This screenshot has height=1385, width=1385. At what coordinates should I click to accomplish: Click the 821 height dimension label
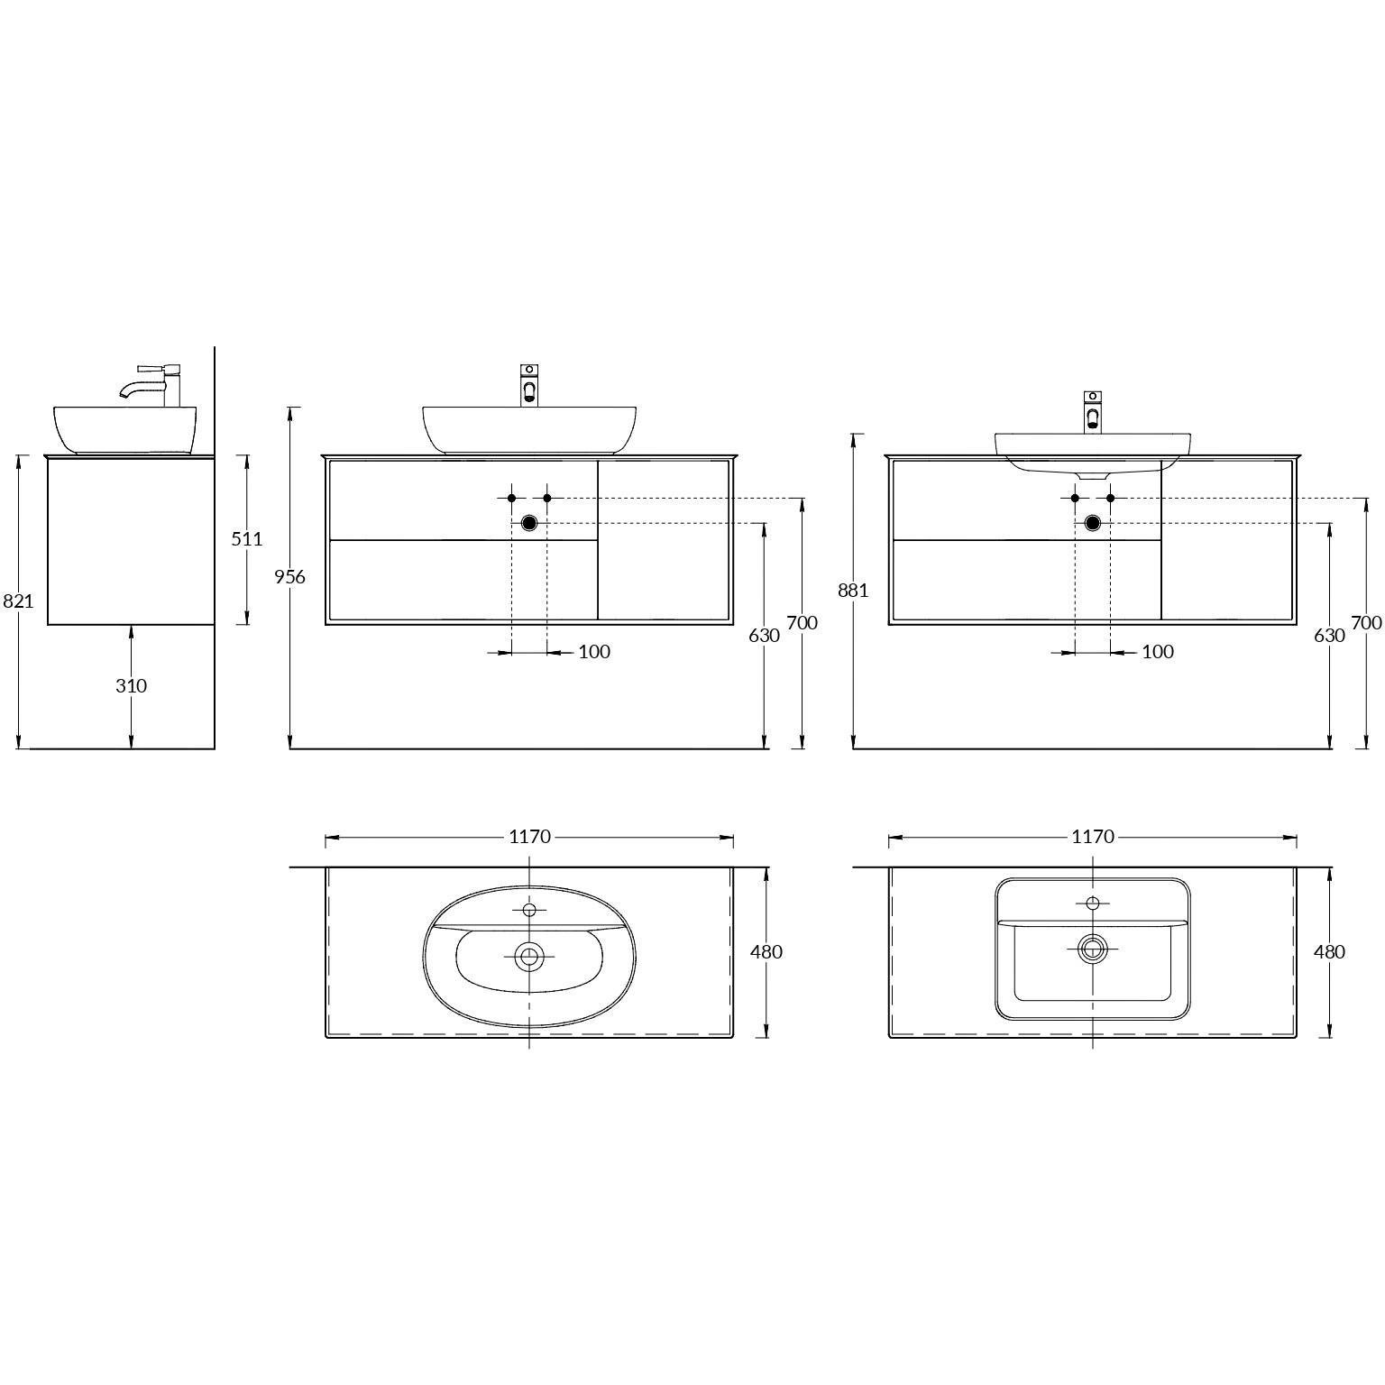pos(18,601)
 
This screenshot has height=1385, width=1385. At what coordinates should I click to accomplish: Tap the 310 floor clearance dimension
pos(131,685)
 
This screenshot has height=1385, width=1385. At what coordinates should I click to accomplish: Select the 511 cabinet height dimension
pos(247,538)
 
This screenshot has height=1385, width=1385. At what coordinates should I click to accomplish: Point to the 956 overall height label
pos(289,577)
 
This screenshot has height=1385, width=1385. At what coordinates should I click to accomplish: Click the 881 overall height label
pos(853,590)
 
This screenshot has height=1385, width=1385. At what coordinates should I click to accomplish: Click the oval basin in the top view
pos(529,956)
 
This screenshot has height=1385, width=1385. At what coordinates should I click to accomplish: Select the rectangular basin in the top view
pos(1093,949)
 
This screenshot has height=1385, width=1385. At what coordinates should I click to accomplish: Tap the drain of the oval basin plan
pos(529,956)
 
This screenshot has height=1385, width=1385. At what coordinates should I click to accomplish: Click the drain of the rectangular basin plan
pos(1093,948)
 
